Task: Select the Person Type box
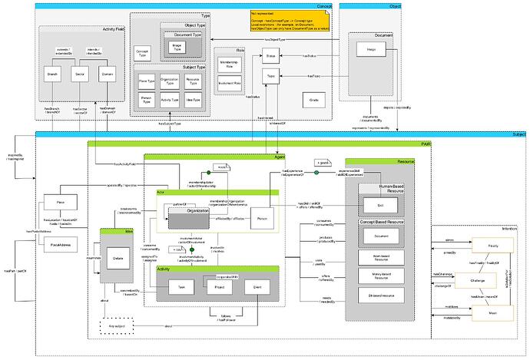[x=144, y=99]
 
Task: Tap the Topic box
[x=270, y=78]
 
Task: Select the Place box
[x=58, y=203]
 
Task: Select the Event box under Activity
[x=257, y=288]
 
